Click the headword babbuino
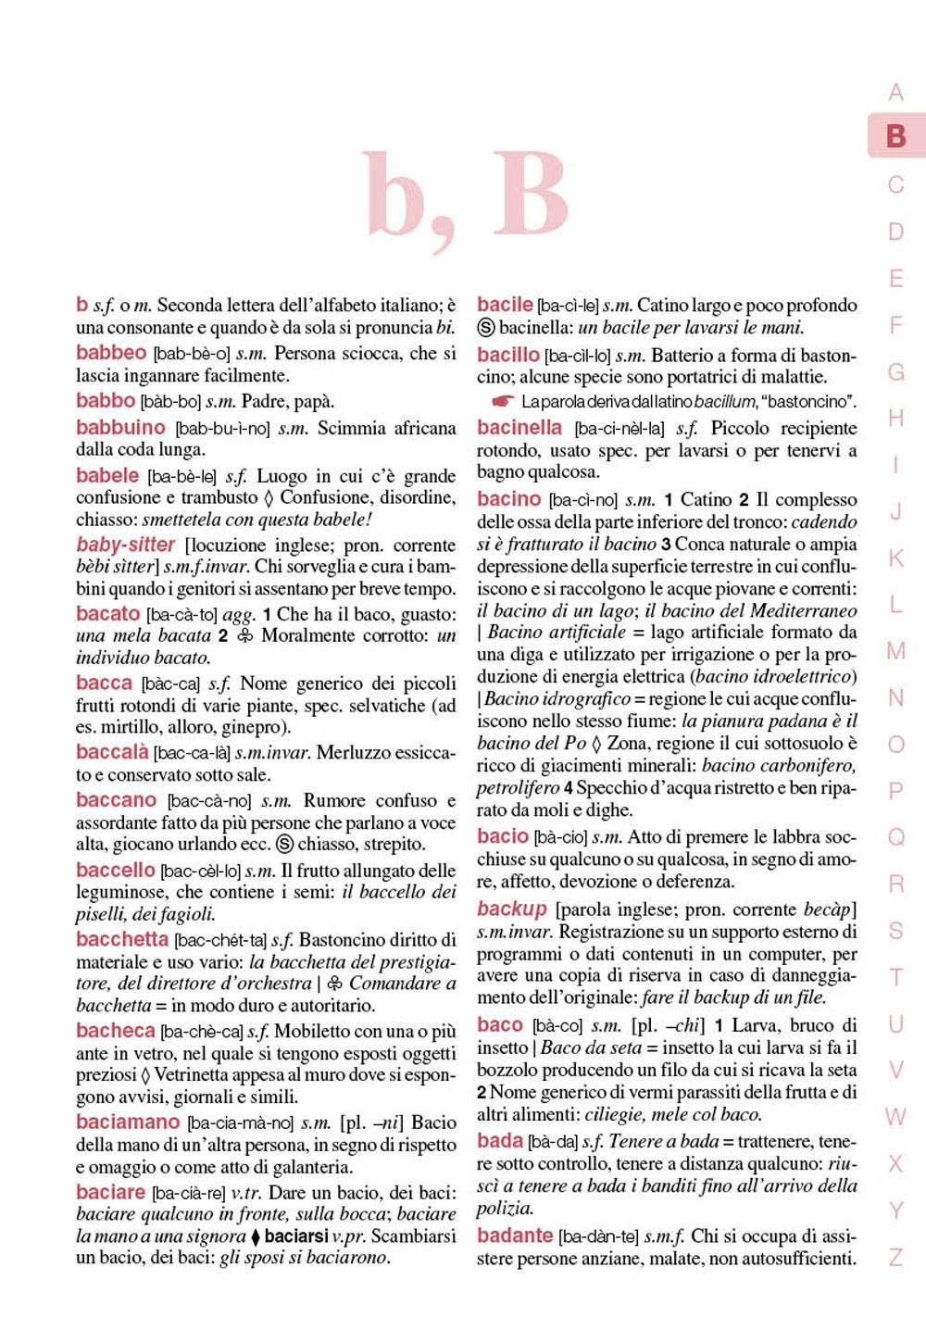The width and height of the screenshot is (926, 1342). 120,428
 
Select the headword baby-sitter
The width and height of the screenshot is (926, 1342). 127,545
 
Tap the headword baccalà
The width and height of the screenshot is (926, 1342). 112,752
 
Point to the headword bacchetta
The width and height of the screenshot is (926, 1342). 122,939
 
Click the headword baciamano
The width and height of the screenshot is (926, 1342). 128,1122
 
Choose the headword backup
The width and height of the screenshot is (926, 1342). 512,909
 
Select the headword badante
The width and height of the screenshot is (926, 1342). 515,1235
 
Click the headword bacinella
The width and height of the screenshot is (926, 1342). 519,428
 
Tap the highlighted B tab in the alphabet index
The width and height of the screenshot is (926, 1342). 895,136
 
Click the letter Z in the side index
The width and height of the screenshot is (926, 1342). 895,1258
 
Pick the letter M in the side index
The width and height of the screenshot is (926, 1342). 895,651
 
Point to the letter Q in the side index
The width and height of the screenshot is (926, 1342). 895,837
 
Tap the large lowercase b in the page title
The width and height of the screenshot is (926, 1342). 400,196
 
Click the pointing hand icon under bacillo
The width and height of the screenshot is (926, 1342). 503,402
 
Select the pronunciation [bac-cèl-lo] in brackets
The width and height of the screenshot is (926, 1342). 200,871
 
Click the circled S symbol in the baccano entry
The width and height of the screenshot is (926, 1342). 285,844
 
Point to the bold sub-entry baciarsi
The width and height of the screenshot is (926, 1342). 297,1236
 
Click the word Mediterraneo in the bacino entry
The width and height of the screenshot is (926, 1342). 803,610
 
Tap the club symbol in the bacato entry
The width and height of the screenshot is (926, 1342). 244,636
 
